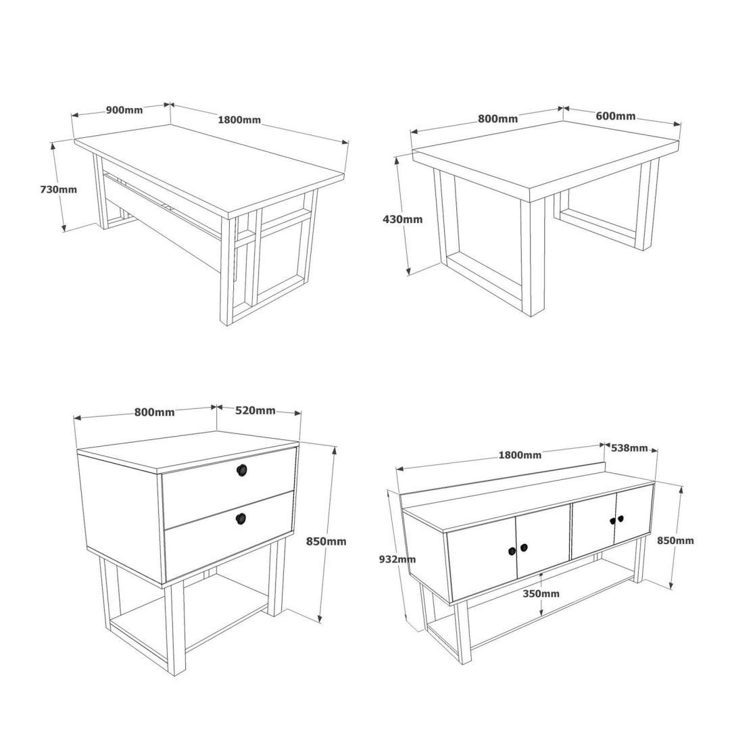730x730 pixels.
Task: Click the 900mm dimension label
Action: coord(124,110)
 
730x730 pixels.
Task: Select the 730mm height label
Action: coord(59,189)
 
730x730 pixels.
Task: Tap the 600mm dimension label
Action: coord(616,116)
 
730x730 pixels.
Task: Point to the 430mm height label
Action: coord(402,219)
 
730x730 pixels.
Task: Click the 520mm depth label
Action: coord(255,410)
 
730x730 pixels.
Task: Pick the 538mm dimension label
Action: coord(629,448)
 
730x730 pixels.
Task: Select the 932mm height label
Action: coord(397,559)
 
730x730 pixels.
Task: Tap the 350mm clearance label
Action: coord(541,593)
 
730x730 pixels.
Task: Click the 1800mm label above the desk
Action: coord(239,120)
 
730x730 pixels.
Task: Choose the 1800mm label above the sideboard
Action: coord(520,455)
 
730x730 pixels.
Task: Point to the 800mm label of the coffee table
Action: coord(497,119)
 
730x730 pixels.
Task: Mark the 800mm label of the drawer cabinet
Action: coord(155,412)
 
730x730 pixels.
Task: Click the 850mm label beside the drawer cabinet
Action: coord(326,541)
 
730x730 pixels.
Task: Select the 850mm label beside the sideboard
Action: coord(675,540)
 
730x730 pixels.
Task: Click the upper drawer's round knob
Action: coord(241,470)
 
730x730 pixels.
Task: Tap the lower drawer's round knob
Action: coord(241,517)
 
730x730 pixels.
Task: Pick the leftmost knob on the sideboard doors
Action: coord(511,552)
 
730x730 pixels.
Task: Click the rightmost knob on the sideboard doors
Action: coord(620,518)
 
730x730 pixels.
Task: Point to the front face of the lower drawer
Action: coord(229,536)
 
